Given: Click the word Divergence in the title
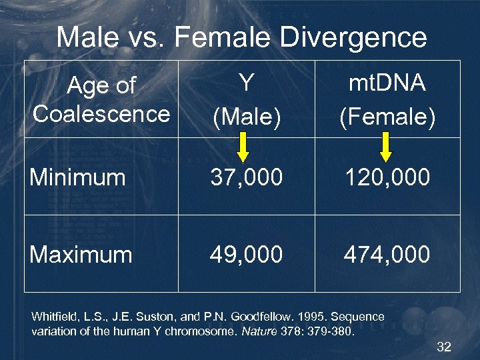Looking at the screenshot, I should tap(353, 37).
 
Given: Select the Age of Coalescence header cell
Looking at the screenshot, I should tap(101, 99).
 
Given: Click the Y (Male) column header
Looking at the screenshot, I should tap(246, 99).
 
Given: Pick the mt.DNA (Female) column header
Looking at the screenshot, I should tap(387, 99).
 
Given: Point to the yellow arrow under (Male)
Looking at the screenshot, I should tap(243, 147).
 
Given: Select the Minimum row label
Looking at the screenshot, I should tap(78, 177).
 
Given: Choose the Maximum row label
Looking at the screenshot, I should tap(81, 254).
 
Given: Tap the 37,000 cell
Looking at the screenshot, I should tap(247, 177).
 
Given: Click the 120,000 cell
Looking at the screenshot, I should tap(387, 177).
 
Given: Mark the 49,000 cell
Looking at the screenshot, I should tap(247, 254).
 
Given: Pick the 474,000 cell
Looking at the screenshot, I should tap(387, 254).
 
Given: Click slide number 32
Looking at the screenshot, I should tap(444, 347).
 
